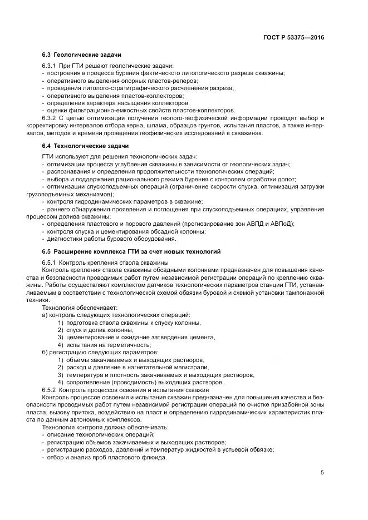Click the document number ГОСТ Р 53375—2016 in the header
(293, 38)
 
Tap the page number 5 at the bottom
(322, 473)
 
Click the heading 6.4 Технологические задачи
(85, 146)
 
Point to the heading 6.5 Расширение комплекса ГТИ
(131, 251)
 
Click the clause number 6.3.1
(50, 66)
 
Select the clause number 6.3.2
(50, 118)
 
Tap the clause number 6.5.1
(50, 262)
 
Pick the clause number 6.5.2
(50, 390)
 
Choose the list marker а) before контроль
(45, 315)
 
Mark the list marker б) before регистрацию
(45, 352)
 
